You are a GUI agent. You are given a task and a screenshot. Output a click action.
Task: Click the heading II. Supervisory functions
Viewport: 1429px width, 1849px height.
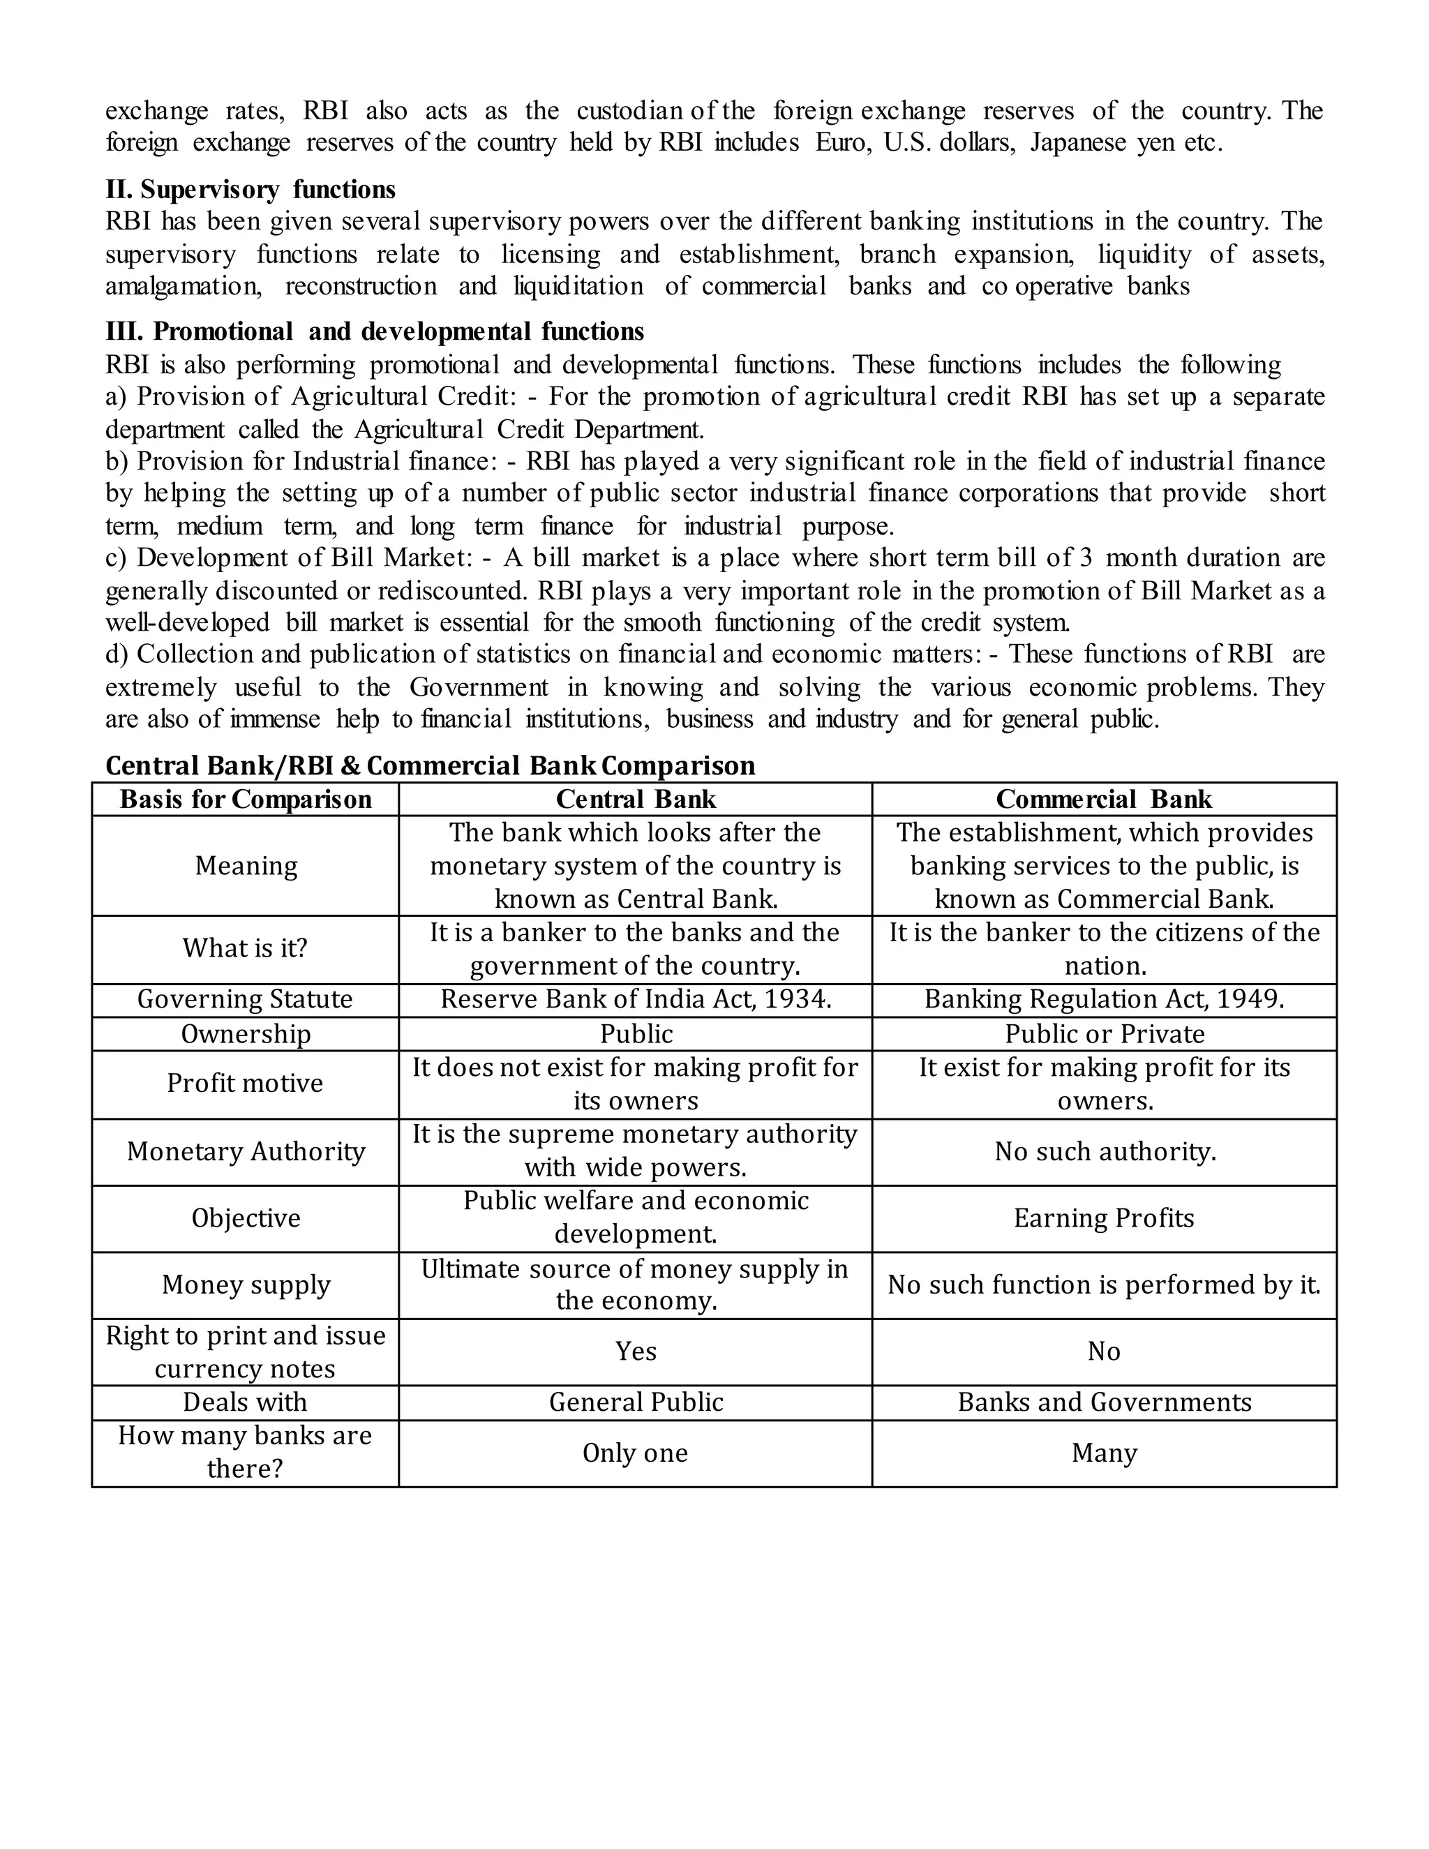pos(250,189)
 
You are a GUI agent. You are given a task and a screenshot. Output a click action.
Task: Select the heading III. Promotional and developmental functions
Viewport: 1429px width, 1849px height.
pos(374,331)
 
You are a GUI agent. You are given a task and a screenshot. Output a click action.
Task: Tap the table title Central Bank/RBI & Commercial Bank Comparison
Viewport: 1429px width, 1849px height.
pos(430,765)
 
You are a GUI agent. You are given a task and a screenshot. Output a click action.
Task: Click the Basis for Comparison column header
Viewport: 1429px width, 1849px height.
pos(246,799)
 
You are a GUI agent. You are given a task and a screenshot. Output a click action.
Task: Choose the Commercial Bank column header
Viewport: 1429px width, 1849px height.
pos(1104,799)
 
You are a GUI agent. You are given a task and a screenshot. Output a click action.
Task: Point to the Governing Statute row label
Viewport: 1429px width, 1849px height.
pos(246,999)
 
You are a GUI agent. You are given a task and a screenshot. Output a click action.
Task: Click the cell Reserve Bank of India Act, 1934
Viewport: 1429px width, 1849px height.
pos(636,999)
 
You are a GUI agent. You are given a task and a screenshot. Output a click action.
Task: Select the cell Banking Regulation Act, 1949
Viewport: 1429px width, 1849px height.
pos(1104,999)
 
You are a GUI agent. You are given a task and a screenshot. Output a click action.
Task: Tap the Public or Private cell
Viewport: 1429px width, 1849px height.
pos(1104,1034)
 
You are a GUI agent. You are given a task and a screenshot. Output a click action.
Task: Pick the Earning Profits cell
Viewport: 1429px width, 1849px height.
pos(1104,1218)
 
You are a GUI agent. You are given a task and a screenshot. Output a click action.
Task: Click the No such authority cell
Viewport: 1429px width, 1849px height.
pos(1104,1151)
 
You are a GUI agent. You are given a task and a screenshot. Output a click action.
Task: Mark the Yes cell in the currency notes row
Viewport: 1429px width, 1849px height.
pos(636,1352)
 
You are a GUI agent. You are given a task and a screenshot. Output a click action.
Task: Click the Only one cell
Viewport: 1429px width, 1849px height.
pos(636,1453)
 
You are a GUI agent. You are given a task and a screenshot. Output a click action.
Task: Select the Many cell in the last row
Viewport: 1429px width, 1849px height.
pos(1104,1453)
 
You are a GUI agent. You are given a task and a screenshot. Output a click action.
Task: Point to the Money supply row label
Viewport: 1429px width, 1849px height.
pos(246,1285)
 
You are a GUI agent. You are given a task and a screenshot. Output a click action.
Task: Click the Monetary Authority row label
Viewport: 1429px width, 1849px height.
pos(246,1151)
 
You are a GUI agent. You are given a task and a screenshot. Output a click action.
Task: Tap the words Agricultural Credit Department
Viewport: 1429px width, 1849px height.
pos(528,429)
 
